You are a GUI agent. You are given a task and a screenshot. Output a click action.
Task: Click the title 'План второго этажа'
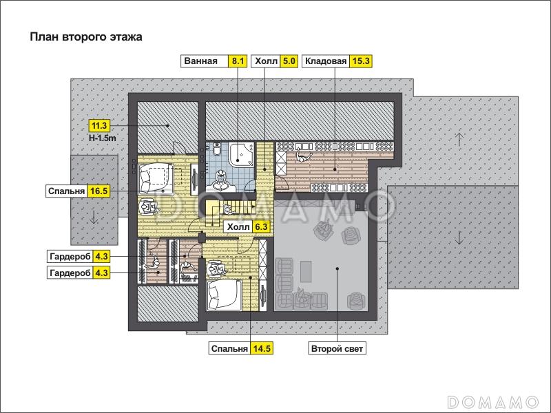(x=86, y=37)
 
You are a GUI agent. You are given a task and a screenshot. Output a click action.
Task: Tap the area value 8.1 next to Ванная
(x=238, y=61)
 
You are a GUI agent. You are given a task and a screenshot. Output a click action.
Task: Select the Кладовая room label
(x=326, y=61)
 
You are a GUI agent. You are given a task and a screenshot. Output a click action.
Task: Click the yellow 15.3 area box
(x=361, y=61)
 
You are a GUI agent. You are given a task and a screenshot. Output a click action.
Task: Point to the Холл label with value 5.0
(x=266, y=61)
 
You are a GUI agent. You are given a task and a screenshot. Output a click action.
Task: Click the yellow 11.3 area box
(x=99, y=125)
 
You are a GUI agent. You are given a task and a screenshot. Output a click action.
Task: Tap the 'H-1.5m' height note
(x=102, y=138)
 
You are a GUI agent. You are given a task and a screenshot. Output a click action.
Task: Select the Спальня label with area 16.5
(x=66, y=191)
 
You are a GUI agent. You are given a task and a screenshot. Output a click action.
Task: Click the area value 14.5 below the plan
(x=262, y=349)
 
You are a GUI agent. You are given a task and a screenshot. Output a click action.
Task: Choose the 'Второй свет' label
(x=337, y=349)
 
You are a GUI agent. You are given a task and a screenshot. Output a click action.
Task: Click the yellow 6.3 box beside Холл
(x=262, y=227)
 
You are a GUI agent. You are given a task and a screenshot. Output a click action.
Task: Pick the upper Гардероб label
(x=70, y=257)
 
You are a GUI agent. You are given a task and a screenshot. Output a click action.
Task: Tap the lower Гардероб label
(x=70, y=273)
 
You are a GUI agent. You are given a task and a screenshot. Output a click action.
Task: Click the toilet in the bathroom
(x=216, y=149)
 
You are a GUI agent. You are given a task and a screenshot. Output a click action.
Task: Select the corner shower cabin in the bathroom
(x=242, y=153)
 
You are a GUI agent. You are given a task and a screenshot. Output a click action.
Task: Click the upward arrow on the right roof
(x=459, y=140)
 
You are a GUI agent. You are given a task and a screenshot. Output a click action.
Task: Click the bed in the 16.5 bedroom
(x=156, y=179)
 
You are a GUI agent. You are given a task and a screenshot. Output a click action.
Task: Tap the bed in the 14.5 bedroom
(x=225, y=295)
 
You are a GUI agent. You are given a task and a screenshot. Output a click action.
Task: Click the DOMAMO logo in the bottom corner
(x=493, y=402)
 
